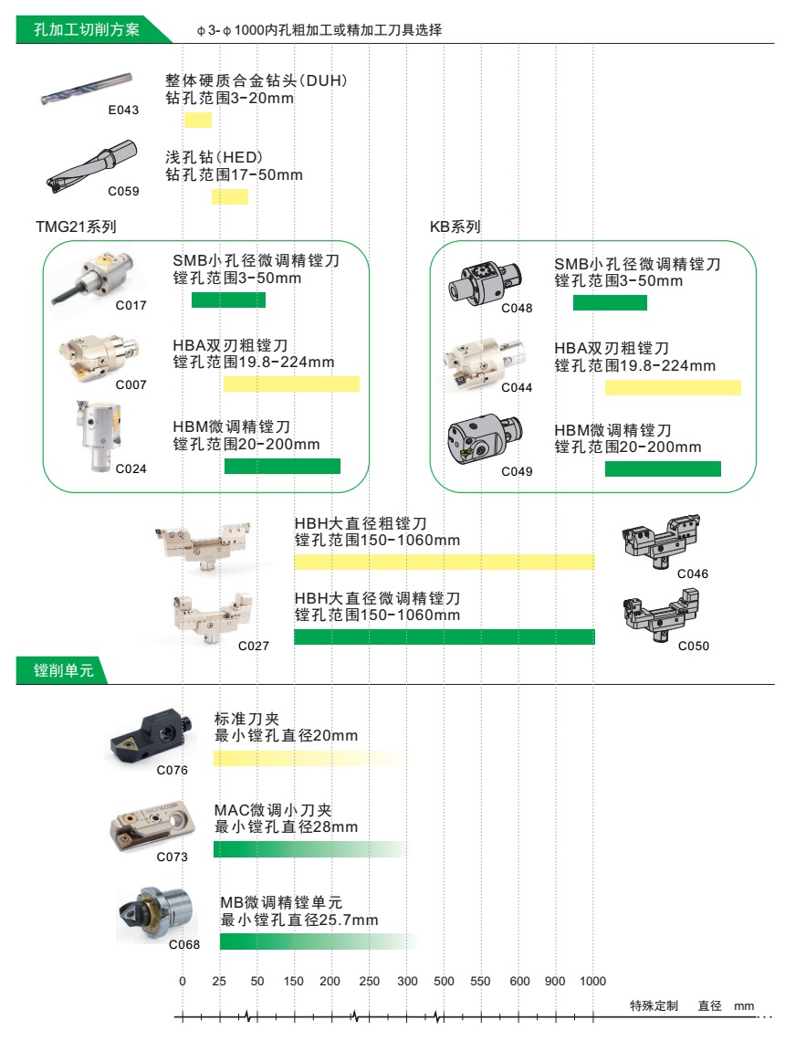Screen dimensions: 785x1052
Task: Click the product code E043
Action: [123, 110]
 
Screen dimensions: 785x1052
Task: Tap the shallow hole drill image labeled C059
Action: [92, 165]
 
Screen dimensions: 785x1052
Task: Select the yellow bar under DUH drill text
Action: [198, 121]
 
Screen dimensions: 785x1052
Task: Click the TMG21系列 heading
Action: [76, 226]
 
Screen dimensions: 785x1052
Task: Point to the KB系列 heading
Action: [455, 226]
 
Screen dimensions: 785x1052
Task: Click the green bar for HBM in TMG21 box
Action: [282, 467]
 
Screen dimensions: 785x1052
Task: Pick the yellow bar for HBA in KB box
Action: [673, 388]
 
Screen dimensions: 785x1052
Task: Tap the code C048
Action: [517, 308]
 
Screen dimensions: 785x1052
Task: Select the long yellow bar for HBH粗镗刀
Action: [445, 563]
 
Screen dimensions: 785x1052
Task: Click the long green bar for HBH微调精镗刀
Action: [445, 636]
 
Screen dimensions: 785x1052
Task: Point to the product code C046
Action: [693, 573]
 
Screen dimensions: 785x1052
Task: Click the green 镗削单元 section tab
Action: [62, 670]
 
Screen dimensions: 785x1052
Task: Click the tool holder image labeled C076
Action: [152, 736]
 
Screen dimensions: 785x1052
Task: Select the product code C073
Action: [173, 857]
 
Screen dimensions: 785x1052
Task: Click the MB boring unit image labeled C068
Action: [155, 913]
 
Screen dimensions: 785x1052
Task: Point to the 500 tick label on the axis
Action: [444, 981]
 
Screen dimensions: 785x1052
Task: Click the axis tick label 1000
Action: [592, 981]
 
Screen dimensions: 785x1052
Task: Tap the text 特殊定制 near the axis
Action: [654, 1005]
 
